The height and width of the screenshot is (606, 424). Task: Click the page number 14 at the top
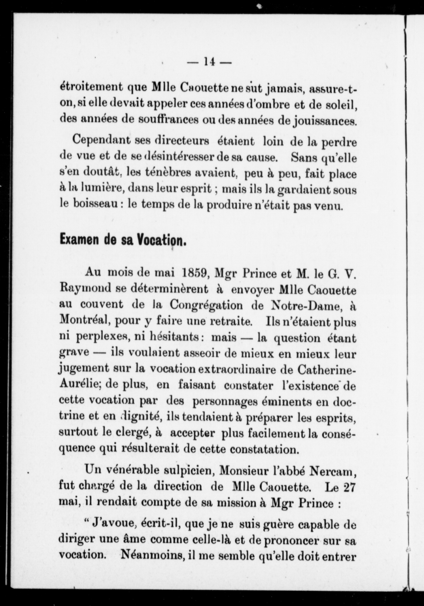[209, 62]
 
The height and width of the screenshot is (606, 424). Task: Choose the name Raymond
[85, 289]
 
